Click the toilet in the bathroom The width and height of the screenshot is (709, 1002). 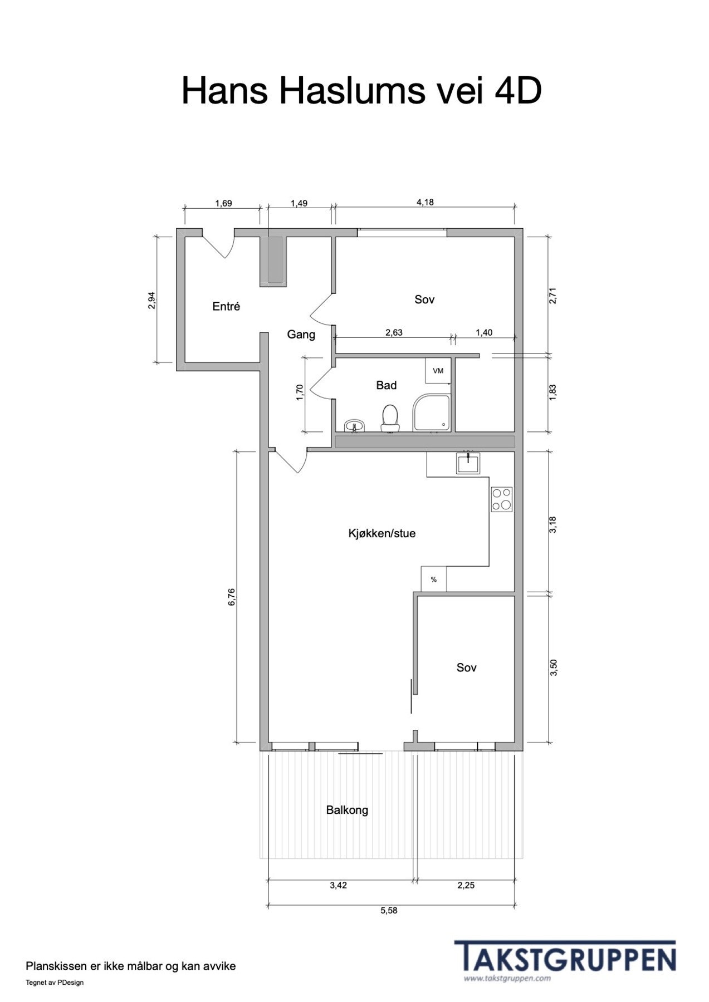(390, 418)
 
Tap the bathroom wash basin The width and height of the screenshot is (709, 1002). (354, 426)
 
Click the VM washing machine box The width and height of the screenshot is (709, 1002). (438, 371)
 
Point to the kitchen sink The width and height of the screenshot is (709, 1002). (469, 463)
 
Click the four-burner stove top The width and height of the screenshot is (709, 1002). (502, 499)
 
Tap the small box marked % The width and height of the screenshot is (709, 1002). (433, 579)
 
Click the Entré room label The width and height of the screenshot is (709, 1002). (226, 306)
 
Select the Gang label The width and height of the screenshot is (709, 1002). (301, 335)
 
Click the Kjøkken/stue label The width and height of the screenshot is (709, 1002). (382, 533)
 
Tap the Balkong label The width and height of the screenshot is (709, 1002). (347, 810)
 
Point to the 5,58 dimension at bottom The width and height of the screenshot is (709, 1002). (389, 911)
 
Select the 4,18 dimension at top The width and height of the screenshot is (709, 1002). (425, 202)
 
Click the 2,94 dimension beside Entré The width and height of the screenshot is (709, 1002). (151, 301)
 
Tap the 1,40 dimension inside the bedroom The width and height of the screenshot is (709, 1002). (483, 332)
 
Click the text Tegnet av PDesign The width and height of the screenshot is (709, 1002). (55, 983)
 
